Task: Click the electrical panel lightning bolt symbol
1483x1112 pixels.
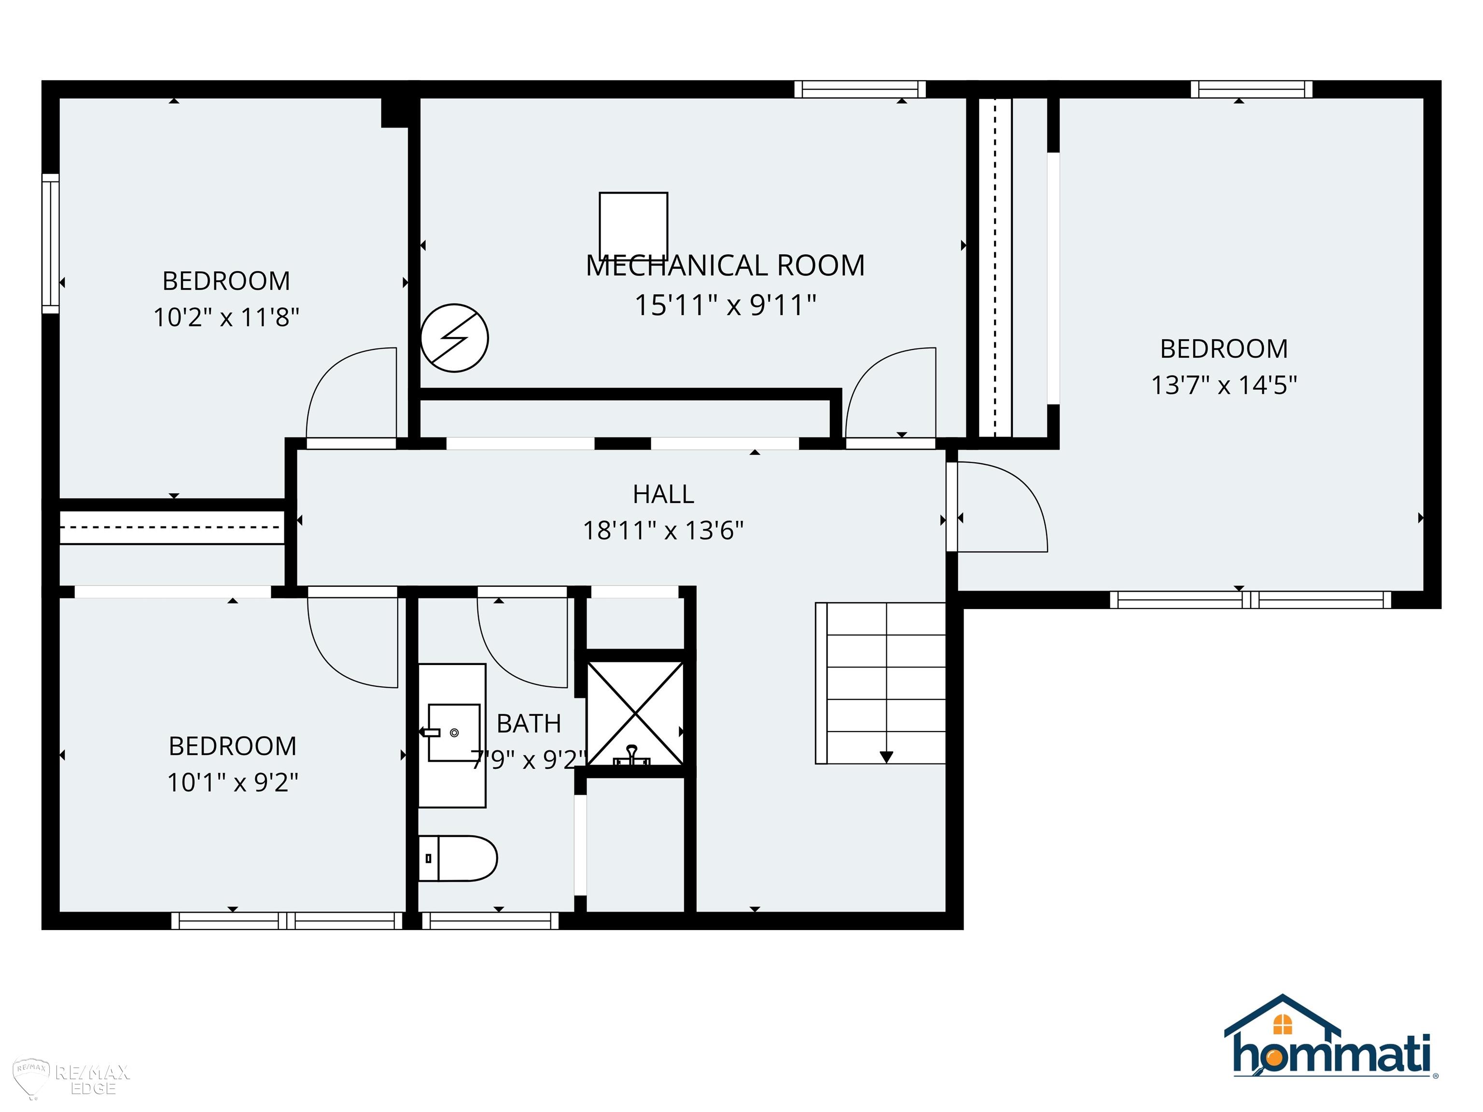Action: tap(455, 338)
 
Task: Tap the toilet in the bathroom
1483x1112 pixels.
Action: tap(458, 858)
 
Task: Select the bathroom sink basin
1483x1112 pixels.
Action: tap(454, 733)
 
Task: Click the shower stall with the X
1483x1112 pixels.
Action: tap(635, 714)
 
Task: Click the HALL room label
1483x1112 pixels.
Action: tap(663, 495)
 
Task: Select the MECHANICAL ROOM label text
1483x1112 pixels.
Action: tap(726, 265)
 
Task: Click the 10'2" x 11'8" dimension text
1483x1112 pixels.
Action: tap(226, 317)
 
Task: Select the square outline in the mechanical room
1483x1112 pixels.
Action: tap(633, 225)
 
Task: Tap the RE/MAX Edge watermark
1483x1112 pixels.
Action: tap(72, 1080)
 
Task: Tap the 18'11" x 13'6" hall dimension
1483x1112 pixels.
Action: tap(663, 531)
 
